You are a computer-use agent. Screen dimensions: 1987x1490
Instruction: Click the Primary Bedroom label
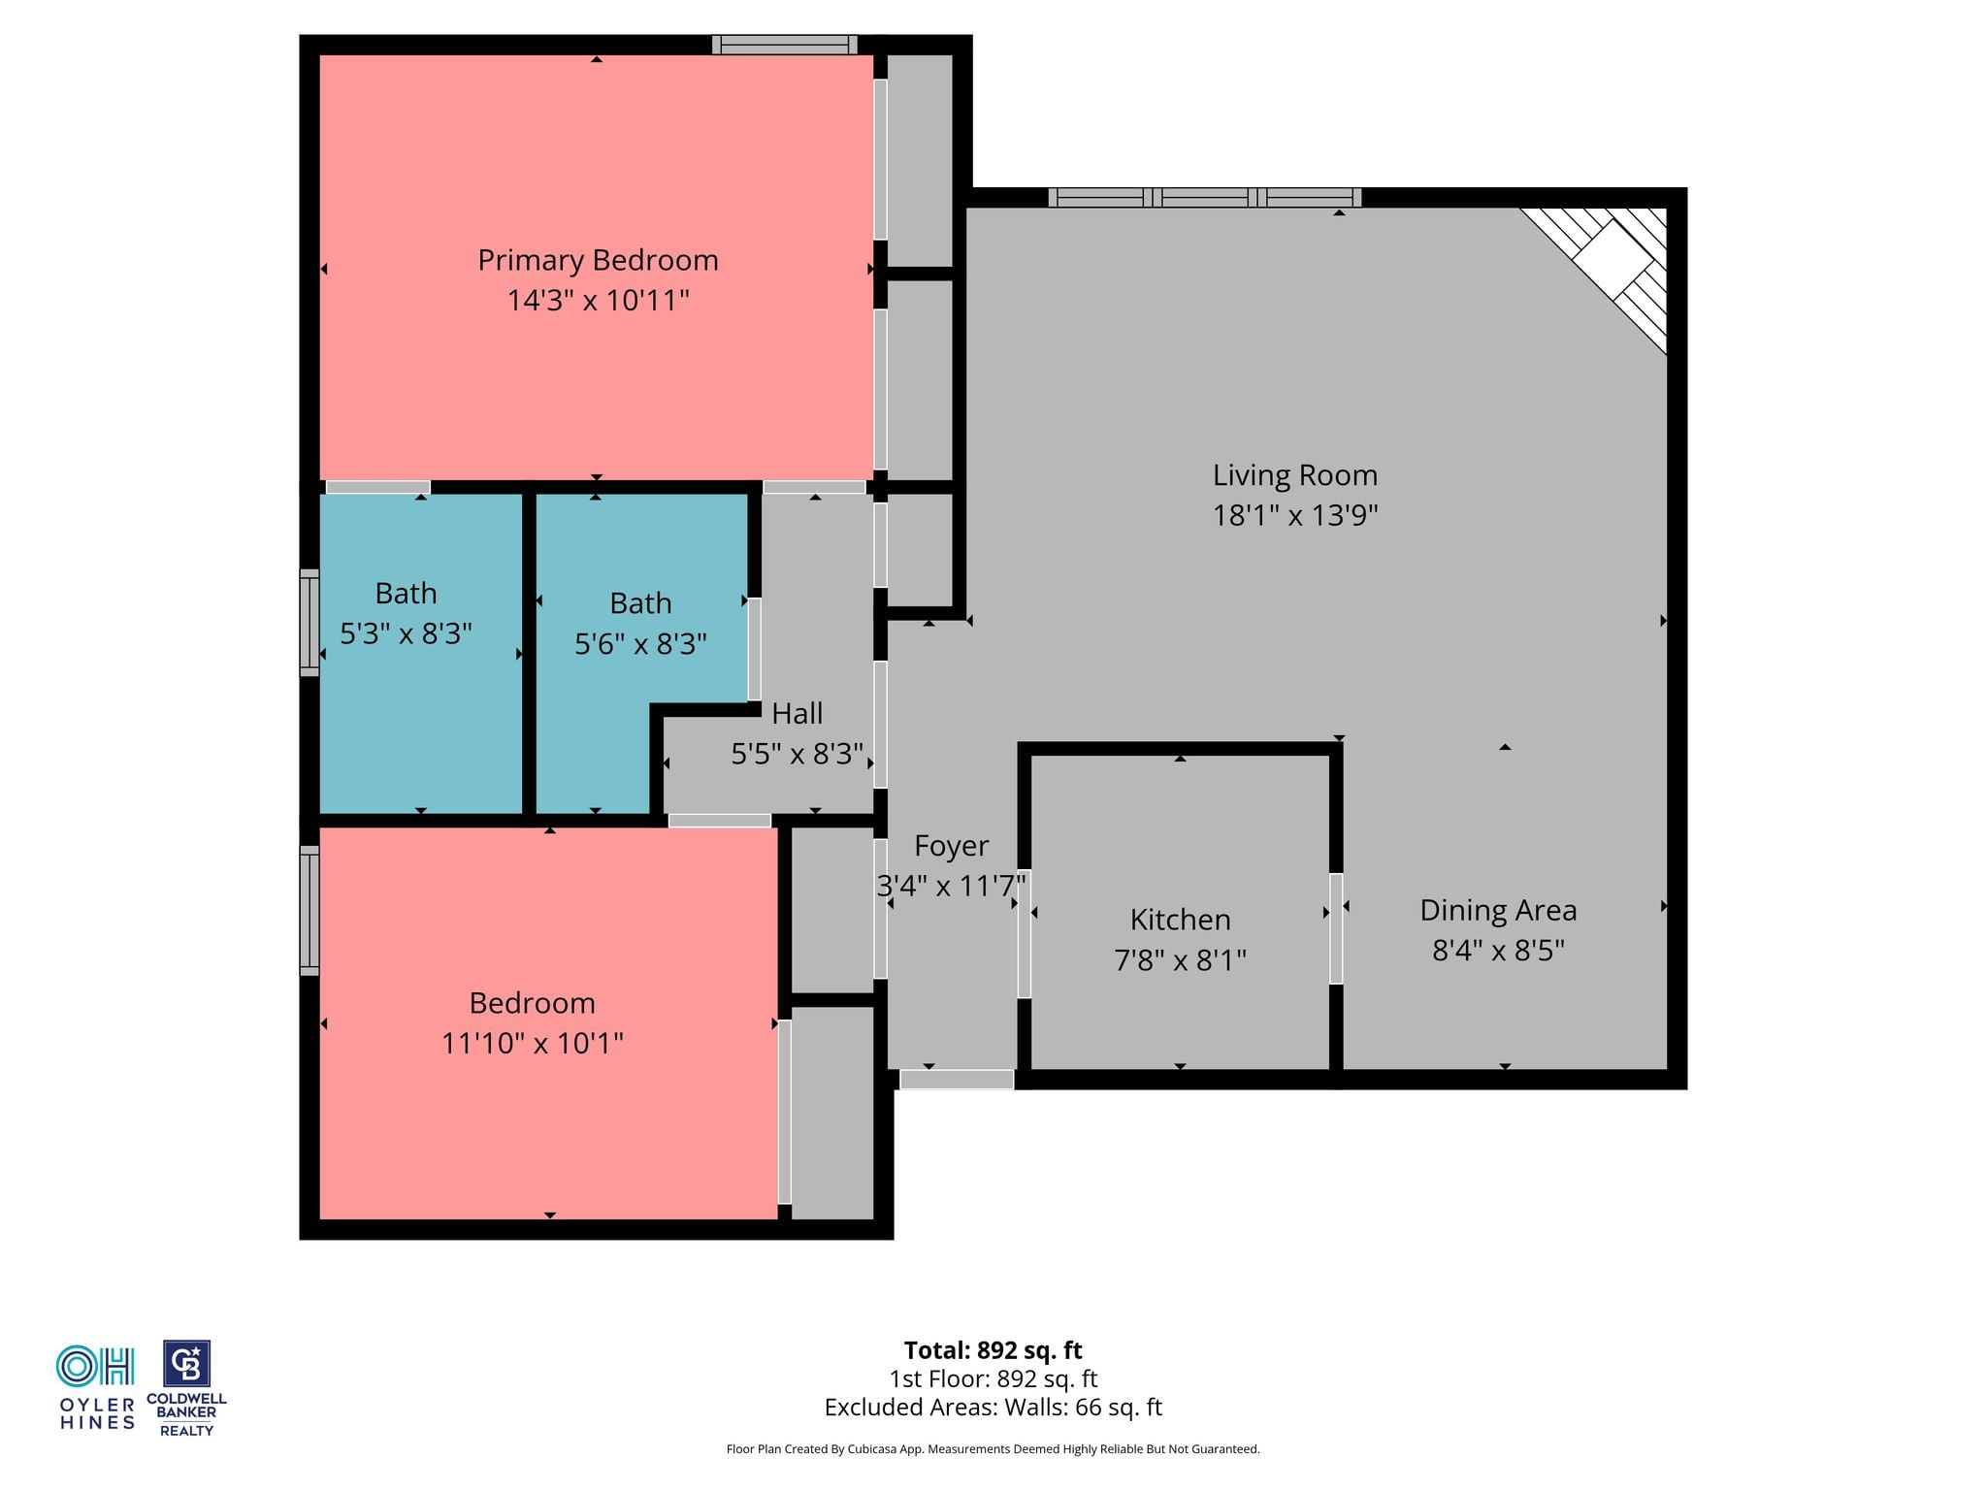[x=598, y=260]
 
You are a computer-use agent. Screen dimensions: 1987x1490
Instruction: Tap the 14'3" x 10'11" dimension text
[x=598, y=300]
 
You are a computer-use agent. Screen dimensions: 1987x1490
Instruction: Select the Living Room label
[x=1294, y=475]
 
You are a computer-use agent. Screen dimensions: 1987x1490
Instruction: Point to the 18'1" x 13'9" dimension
[x=1294, y=515]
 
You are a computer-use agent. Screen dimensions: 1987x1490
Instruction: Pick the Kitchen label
[x=1180, y=920]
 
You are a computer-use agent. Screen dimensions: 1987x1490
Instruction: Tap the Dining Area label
[x=1498, y=910]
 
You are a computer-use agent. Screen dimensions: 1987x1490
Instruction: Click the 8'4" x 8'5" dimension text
[x=1498, y=950]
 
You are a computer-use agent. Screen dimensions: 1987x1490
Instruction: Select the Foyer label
[x=951, y=846]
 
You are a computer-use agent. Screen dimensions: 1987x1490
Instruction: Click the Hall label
[x=797, y=714]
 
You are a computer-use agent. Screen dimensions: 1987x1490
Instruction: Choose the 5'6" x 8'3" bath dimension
[x=640, y=643]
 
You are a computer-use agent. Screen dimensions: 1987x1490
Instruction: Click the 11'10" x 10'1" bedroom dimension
[x=532, y=1043]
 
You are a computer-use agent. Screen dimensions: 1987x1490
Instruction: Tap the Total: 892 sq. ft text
[x=993, y=1350]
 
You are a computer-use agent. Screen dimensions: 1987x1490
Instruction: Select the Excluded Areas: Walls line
[x=993, y=1407]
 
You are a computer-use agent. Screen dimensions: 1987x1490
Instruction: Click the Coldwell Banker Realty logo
[x=186, y=1388]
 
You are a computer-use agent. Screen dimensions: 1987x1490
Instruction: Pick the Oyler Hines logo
[x=96, y=1387]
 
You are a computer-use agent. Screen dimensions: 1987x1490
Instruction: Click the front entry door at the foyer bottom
[x=957, y=1079]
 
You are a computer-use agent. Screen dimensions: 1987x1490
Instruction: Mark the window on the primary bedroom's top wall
[x=785, y=45]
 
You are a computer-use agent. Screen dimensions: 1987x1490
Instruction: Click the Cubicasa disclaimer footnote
[x=993, y=1449]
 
